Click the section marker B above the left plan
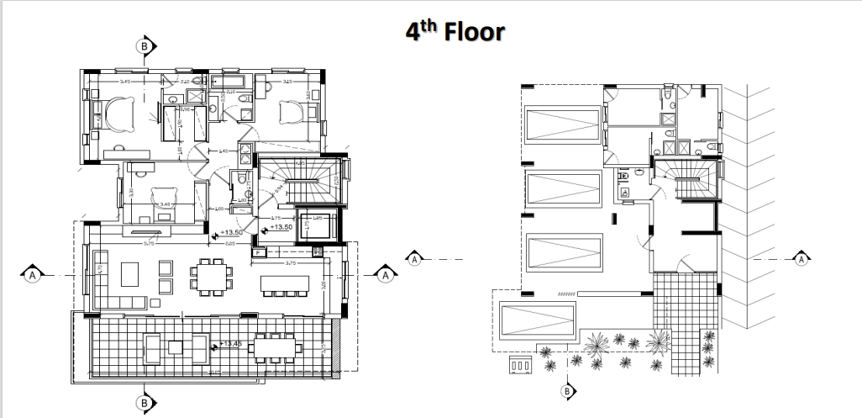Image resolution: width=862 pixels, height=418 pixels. click(x=145, y=45)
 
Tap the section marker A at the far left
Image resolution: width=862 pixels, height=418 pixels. click(x=32, y=274)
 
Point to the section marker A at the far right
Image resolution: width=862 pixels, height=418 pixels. click(x=802, y=260)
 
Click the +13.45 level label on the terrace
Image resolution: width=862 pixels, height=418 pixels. click(x=232, y=343)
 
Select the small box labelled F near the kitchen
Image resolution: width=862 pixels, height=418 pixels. click(x=257, y=251)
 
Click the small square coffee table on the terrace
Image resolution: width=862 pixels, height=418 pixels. click(x=176, y=346)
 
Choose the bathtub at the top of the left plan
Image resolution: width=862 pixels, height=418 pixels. click(x=228, y=82)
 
